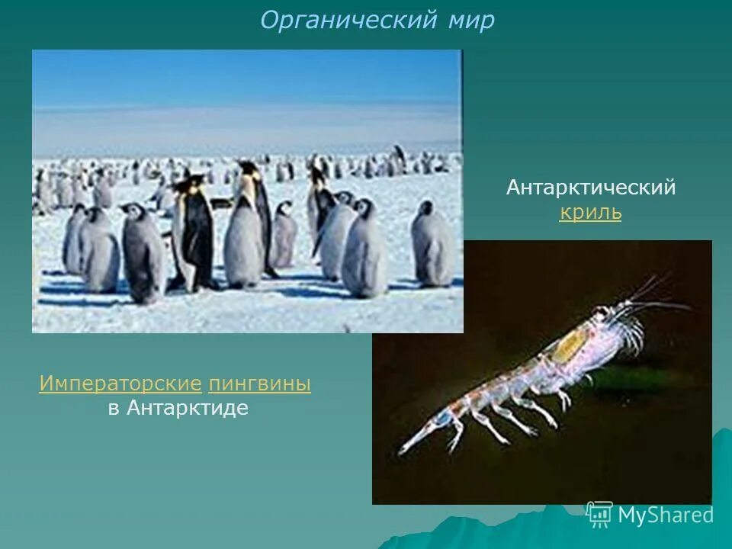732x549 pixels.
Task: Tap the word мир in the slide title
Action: pyautogui.click(x=470, y=21)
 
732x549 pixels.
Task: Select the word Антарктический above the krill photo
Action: pyautogui.click(x=591, y=188)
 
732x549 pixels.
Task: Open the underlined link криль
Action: pyautogui.click(x=590, y=213)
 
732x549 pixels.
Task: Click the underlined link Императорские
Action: pyautogui.click(x=120, y=384)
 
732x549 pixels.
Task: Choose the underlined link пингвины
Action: pyautogui.click(x=259, y=384)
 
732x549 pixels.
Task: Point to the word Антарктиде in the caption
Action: pyautogui.click(x=188, y=408)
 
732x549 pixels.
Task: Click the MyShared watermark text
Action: pyautogui.click(x=665, y=515)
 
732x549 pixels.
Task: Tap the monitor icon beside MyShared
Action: pyautogui.click(x=600, y=514)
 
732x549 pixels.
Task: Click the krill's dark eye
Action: pyautogui.click(x=603, y=313)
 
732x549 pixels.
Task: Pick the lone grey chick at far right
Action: pyautogui.click(x=432, y=244)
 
